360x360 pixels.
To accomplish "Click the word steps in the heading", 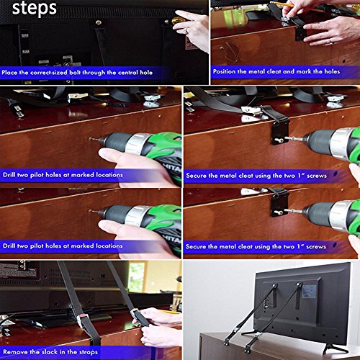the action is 35,8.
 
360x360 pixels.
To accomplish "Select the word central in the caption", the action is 126,72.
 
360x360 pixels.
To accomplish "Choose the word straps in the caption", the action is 89,352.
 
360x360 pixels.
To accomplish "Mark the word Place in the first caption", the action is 9,72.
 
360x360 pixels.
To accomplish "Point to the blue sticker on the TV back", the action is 309,292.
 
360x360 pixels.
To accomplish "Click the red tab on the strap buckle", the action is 81,315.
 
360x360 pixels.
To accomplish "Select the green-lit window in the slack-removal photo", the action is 137,276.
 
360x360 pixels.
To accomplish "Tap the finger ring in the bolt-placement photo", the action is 185,31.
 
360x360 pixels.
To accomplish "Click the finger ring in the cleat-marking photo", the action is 331,42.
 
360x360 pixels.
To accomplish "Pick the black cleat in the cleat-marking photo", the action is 300,35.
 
